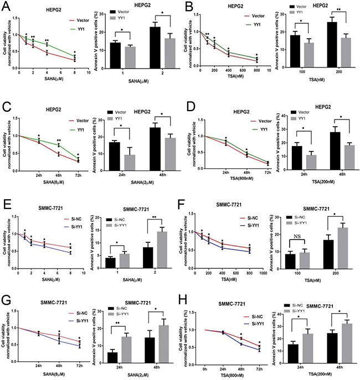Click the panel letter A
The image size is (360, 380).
point(4,6)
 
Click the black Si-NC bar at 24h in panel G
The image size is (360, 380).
point(113,356)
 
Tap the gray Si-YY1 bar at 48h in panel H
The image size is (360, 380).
point(338,341)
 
